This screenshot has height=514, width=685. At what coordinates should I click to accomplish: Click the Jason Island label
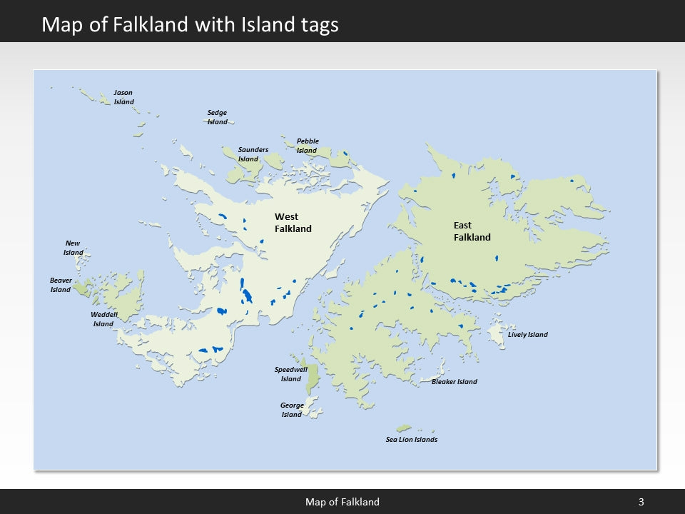(x=123, y=97)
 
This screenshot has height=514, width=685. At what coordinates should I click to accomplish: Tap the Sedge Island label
(x=217, y=117)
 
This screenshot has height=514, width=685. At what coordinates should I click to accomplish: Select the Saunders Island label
(x=253, y=154)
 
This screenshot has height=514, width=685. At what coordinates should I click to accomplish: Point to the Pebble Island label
(x=308, y=146)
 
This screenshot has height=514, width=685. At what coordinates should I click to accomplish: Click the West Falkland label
(x=293, y=223)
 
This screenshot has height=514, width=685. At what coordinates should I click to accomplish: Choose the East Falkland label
(x=472, y=231)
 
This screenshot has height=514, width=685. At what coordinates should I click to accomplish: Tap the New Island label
(x=73, y=248)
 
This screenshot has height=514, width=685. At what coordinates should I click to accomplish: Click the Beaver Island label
(x=61, y=285)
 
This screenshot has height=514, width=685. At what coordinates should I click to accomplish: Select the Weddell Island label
(x=103, y=319)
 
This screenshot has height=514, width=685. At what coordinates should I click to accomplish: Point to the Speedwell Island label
(x=290, y=374)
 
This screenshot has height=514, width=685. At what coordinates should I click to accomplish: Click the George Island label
(x=292, y=410)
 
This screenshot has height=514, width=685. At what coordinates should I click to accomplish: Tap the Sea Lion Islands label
(x=411, y=440)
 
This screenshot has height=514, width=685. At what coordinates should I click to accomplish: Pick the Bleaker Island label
(x=454, y=382)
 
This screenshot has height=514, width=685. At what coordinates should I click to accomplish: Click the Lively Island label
(x=527, y=335)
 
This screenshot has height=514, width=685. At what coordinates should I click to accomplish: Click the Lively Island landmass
(x=496, y=334)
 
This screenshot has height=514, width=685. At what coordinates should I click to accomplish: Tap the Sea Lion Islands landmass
(x=404, y=428)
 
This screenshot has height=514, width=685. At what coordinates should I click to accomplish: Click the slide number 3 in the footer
(x=641, y=502)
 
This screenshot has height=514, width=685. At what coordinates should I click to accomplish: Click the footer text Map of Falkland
(x=342, y=502)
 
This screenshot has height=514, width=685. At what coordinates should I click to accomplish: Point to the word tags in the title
(x=315, y=25)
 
